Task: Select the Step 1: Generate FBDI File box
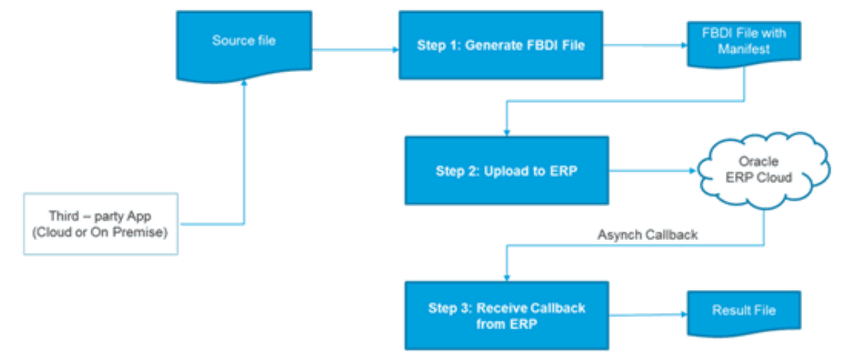coord(501,46)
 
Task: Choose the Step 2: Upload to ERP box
coord(506,171)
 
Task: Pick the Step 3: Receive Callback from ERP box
coord(506,315)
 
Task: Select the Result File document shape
coord(743,311)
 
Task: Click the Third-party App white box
coord(101,224)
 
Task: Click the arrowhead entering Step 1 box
coord(395,50)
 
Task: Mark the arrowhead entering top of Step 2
coord(506,133)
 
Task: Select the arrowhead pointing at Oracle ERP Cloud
coord(694,171)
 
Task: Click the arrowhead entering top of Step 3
coord(506,276)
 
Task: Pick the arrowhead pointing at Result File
coord(682,312)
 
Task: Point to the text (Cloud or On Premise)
coord(101,231)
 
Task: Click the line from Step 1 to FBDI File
coord(644,44)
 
